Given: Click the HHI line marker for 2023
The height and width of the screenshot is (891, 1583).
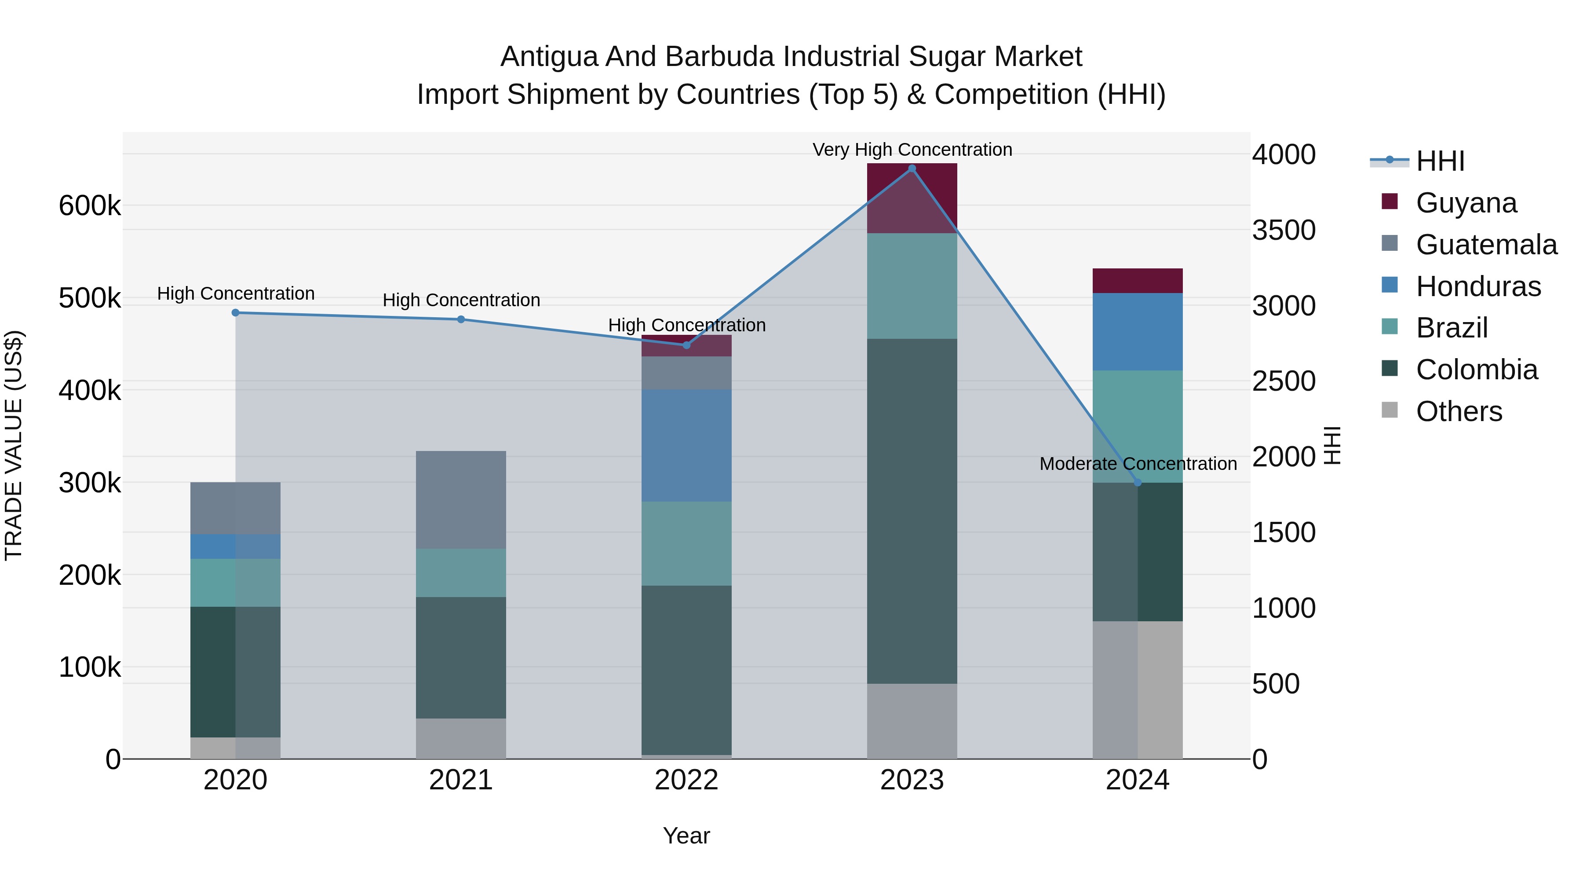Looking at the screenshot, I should point(912,169).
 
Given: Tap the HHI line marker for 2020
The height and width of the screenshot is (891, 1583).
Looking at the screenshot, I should point(235,312).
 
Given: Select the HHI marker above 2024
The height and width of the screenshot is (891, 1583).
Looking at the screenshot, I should point(1138,483).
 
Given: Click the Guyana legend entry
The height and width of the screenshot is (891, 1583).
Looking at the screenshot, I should point(1466,203).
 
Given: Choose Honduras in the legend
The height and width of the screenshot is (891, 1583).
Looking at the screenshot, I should point(1478,286).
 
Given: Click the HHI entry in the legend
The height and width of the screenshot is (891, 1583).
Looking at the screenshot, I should point(1440,161).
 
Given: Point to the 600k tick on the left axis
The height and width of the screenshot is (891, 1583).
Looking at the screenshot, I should point(90,205).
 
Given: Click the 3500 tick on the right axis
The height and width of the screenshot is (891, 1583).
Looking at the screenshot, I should point(1284,231).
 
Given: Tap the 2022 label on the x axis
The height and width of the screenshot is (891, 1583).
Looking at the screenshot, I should point(686,780).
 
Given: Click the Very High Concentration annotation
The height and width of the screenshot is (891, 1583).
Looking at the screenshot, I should point(912,150).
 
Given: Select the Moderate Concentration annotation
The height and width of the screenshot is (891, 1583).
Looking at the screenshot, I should point(1138,464).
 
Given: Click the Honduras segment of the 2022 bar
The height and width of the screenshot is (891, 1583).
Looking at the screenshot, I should point(686,445).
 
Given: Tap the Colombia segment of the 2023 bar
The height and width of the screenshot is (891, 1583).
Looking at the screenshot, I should point(912,510).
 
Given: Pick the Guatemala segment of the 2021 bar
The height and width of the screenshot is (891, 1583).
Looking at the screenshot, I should point(461,499).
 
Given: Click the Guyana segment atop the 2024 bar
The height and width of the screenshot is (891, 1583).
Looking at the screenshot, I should point(1138,280).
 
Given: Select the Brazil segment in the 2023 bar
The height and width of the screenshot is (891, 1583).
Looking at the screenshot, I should point(912,286).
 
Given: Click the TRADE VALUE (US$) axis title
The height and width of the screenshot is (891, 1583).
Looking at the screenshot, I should point(14,445).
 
